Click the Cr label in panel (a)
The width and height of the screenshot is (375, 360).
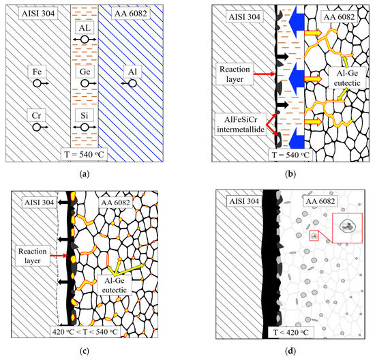(37, 115)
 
